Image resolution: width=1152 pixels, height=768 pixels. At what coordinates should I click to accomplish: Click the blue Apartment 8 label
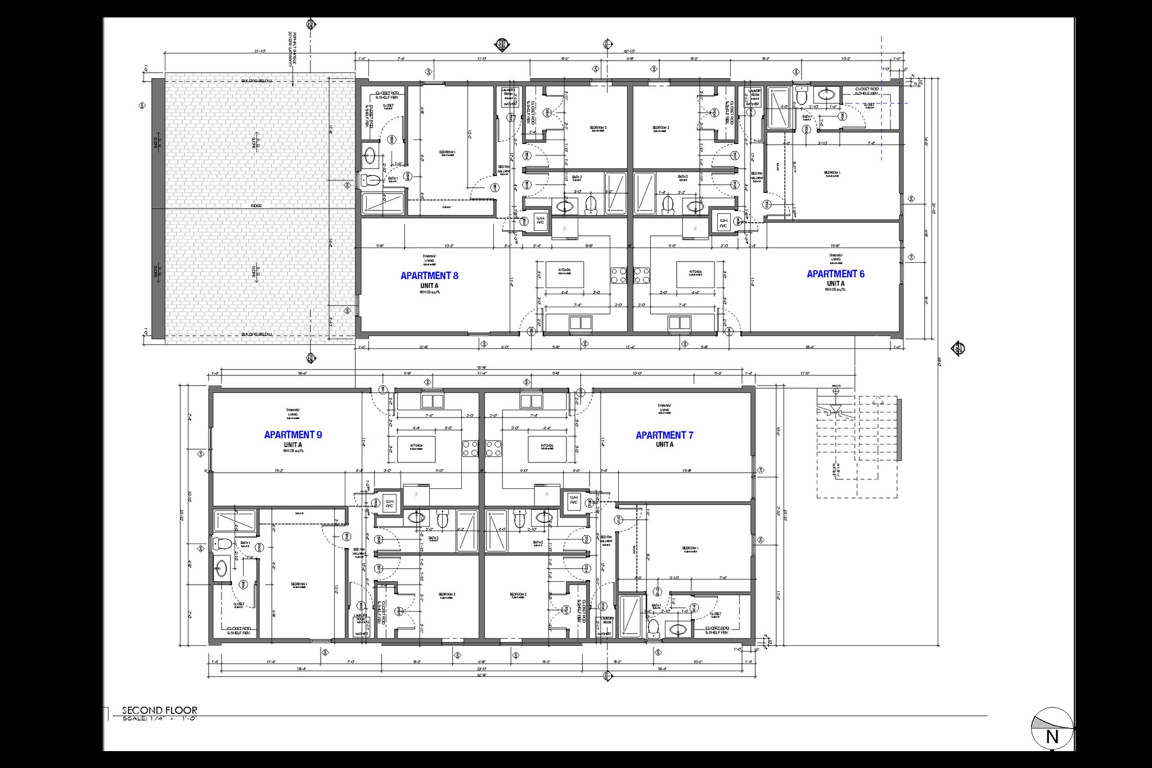point(429,276)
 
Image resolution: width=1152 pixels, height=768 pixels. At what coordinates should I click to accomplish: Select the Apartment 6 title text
point(835,274)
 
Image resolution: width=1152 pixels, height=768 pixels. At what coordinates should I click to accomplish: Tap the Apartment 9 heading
point(293,435)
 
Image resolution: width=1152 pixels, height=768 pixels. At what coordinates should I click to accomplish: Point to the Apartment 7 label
point(664,435)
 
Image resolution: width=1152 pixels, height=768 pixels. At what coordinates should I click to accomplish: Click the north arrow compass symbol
point(1052,728)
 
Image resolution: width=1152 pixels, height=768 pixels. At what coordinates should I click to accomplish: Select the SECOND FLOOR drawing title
point(160,711)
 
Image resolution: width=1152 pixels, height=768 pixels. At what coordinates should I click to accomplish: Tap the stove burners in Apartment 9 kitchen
point(470,448)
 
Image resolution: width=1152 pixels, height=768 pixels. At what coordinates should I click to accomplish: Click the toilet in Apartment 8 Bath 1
point(371,181)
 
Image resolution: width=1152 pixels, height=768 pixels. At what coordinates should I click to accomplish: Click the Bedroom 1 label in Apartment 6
point(832,173)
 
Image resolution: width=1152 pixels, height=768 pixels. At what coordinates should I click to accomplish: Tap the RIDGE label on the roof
point(256,206)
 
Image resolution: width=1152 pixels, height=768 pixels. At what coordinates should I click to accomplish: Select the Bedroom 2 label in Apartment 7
point(517,594)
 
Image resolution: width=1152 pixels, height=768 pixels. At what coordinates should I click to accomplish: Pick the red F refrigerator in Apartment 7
point(546,495)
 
